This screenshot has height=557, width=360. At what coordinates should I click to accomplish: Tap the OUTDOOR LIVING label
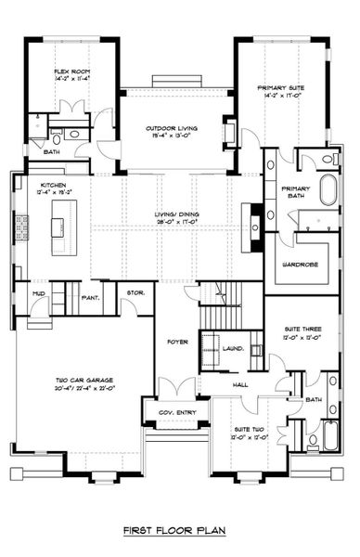170,129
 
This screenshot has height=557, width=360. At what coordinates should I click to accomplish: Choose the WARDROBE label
300,264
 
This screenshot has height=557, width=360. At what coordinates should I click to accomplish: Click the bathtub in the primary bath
330,192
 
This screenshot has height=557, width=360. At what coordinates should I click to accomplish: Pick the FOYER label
177,343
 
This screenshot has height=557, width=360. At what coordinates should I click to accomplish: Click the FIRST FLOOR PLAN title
178,532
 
